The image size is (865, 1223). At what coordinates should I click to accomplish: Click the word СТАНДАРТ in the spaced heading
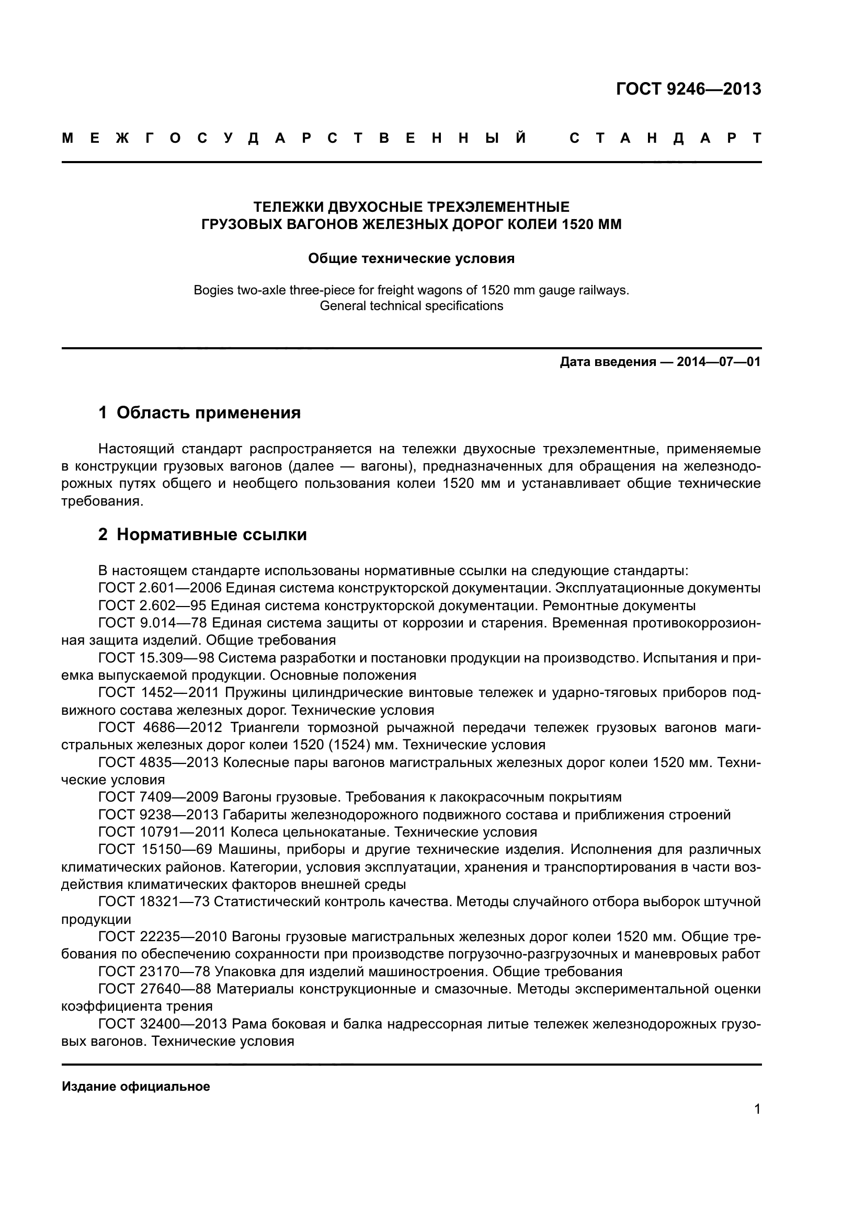(665, 139)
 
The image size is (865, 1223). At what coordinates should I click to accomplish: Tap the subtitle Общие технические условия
(411, 259)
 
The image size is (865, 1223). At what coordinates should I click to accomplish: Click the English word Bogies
(212, 291)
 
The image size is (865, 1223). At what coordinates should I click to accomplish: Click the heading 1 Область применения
(200, 412)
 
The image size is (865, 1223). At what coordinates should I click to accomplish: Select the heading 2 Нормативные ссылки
(202, 534)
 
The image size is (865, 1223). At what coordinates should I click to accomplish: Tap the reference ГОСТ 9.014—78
(152, 623)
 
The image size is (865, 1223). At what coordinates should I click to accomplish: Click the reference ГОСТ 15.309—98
(156, 658)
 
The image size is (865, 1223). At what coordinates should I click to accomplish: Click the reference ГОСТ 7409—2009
(158, 797)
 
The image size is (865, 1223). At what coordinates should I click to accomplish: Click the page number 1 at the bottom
(757, 1110)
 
